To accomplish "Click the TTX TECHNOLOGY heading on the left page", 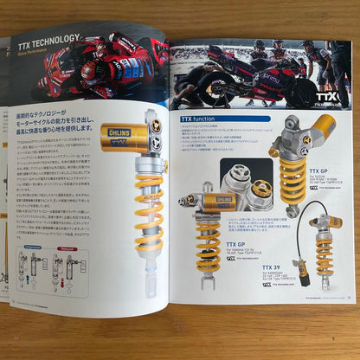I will point(49,37).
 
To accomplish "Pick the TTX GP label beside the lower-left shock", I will point(237,246).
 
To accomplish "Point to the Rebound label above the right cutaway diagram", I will point(68,247).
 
